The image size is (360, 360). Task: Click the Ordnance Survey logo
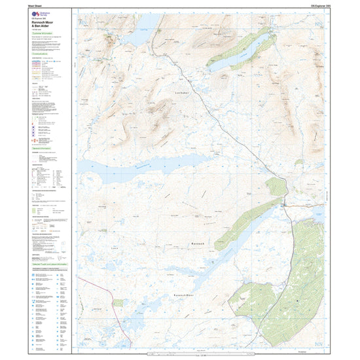(x=39, y=13)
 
